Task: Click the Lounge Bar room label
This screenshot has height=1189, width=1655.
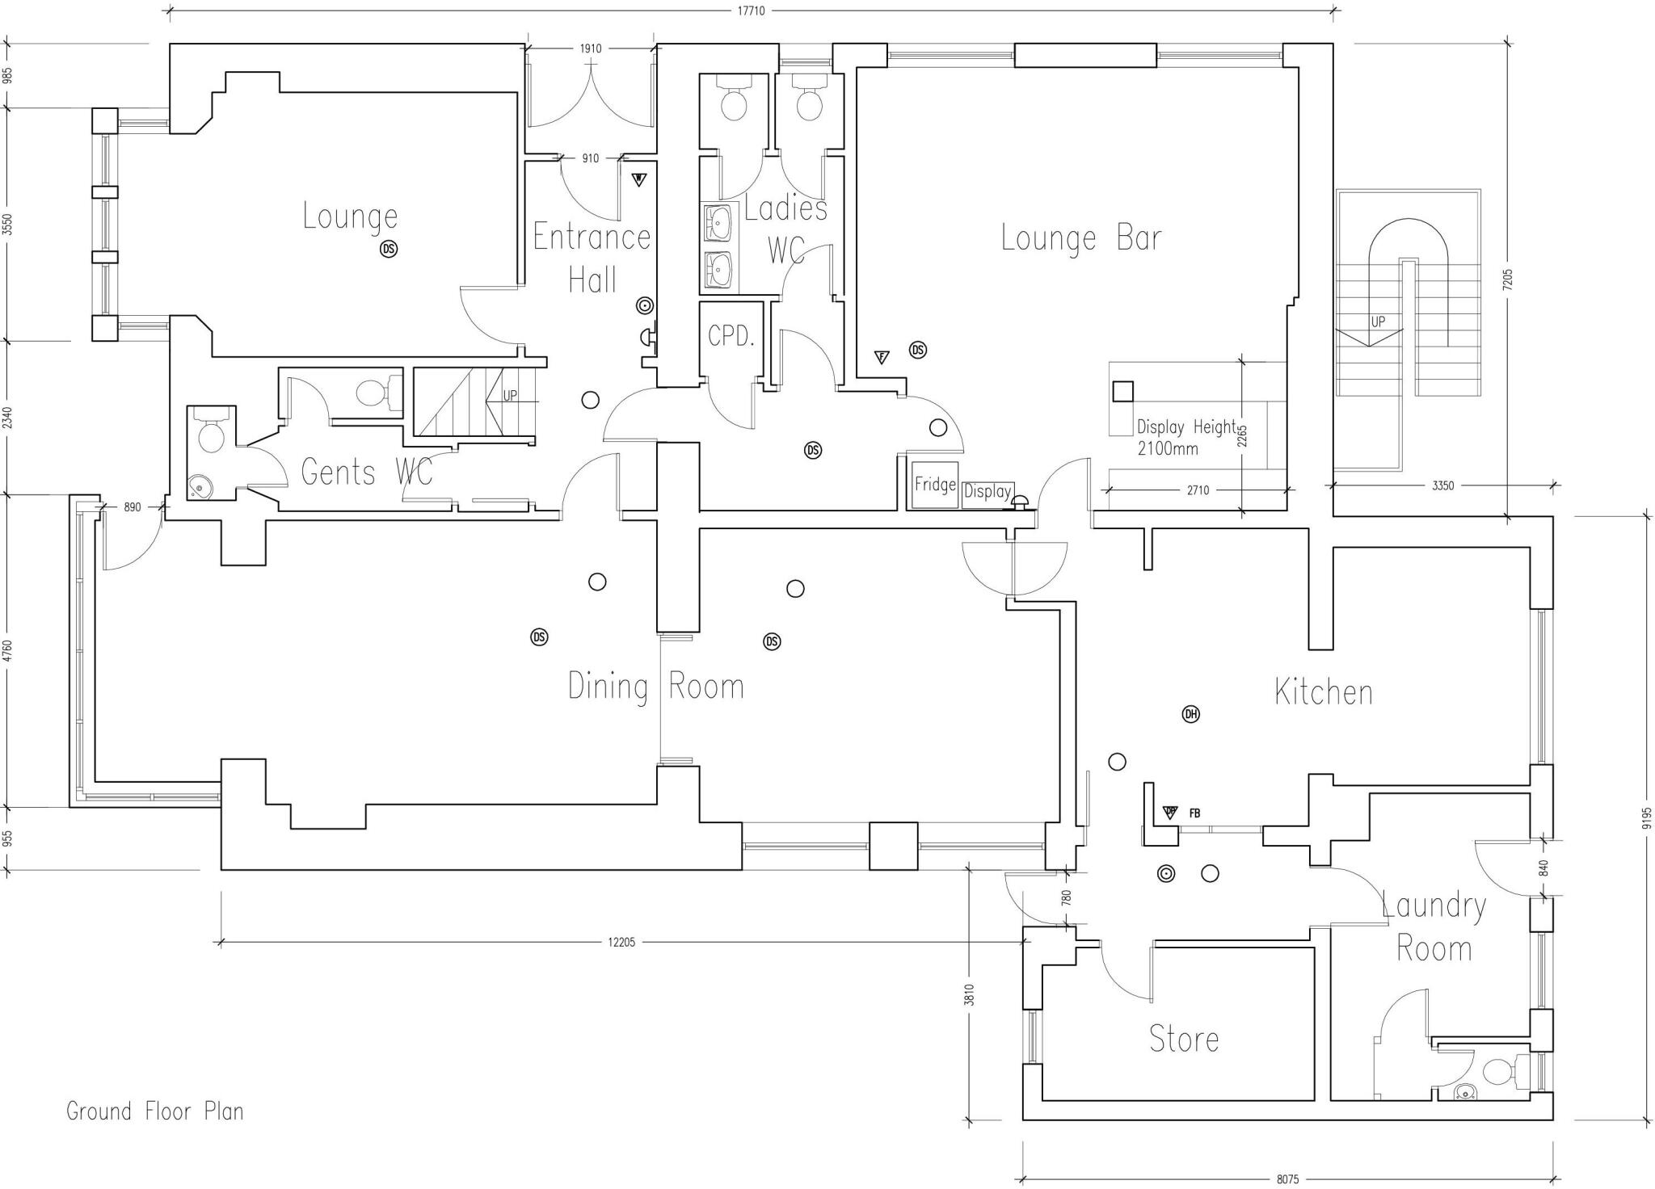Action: point(1080,238)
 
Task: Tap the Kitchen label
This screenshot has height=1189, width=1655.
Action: point(1323,692)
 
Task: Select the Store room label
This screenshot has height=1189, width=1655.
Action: point(1184,1039)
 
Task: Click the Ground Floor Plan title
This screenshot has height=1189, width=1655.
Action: point(154,1111)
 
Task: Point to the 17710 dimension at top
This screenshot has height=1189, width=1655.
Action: point(751,11)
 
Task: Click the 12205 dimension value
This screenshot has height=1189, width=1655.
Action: point(621,942)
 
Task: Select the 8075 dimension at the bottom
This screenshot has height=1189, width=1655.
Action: point(1287,1179)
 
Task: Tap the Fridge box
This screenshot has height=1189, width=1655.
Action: point(934,485)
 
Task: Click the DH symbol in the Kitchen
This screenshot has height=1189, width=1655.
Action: point(1190,714)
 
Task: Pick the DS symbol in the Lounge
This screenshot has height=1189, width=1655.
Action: point(389,250)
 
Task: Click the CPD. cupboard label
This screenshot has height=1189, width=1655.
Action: point(731,336)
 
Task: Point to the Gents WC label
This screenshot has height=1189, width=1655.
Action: point(366,472)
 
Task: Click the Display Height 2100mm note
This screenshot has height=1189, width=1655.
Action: point(1185,437)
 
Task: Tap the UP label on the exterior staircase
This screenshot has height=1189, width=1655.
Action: point(1378,321)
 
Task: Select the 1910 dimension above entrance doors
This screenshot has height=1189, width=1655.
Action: point(590,48)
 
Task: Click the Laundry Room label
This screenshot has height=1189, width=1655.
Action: point(1434,926)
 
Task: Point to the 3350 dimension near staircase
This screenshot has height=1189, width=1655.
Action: point(1442,485)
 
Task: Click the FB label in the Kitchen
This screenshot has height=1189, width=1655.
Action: point(1194,813)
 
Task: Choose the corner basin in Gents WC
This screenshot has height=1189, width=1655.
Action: point(198,487)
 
